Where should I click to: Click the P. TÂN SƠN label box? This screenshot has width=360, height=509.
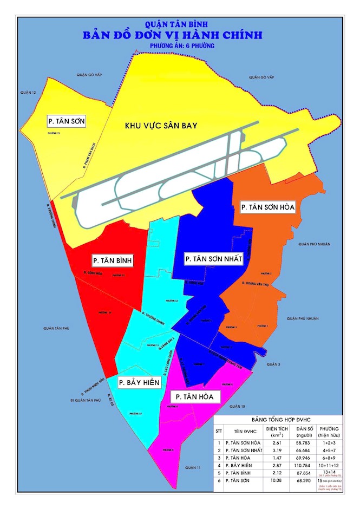click(66, 120)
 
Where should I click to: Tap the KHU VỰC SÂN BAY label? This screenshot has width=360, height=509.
click(161, 126)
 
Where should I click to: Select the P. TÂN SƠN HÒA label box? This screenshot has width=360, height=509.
click(269, 207)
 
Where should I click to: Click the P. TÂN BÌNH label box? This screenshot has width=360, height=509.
click(113, 260)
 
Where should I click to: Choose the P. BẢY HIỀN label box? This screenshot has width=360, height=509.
click(139, 383)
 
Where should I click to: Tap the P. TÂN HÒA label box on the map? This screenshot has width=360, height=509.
click(194, 397)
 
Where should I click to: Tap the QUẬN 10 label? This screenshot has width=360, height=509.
click(237, 406)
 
